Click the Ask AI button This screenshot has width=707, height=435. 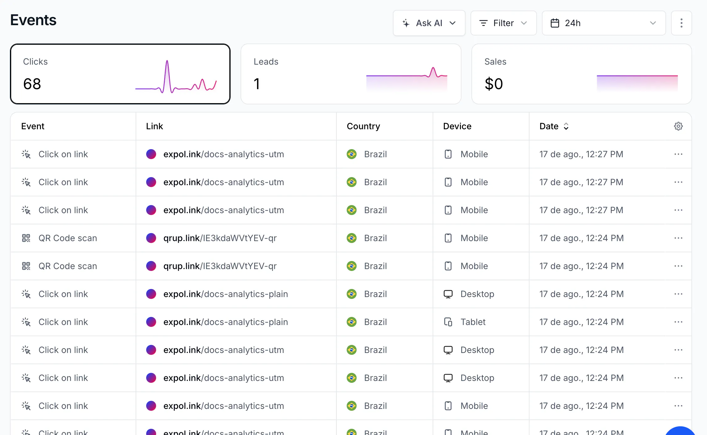pos(429,23)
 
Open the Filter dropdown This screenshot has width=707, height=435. pos(503,23)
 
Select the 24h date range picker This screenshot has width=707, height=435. pos(604,23)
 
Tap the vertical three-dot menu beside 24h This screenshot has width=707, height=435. pos(681,23)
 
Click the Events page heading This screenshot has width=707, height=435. pos(33,20)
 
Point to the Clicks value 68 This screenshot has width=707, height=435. pos(32,84)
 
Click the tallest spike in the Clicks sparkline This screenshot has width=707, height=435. pos(167,61)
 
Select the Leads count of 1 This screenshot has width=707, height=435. pos(257,84)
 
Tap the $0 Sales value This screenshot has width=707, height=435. pos(494,84)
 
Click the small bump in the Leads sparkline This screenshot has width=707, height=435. pos(433,68)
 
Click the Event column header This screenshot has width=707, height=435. pos(33,126)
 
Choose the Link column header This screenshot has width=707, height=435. pos(155,126)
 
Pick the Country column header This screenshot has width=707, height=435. pos(363,126)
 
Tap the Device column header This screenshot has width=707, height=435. pos(457,126)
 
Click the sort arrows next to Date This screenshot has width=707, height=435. pos(566,126)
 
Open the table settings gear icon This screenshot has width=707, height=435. pos(678,126)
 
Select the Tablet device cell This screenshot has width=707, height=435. pos(473,322)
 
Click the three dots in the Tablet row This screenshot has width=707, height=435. pos(678,322)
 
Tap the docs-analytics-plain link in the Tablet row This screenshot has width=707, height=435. pos(226,322)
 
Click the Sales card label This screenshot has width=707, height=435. pos(495,62)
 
